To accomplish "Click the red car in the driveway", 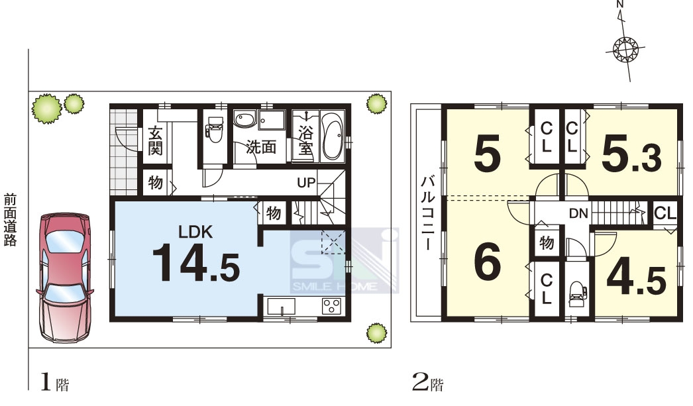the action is coord(65,278).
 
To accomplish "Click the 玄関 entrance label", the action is coord(155,140).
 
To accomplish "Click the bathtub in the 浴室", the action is coord(333,135).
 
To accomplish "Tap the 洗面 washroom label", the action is coord(261,147).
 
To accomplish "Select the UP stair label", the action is coord(306,182).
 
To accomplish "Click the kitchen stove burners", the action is coord(331,306).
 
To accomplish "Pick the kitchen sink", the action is coord(282,306).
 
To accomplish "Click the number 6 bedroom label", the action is coord(487,262).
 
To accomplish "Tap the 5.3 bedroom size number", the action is coord(631,156).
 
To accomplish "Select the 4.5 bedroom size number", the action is coord(637,279).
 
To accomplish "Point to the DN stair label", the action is coord(578,214).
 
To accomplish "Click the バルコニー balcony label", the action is coord(427,213).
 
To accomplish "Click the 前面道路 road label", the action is coord(10,220).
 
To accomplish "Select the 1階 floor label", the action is coord(55,382).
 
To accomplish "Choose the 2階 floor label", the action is coord(428,382).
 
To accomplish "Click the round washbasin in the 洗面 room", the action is coord(244,119).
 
